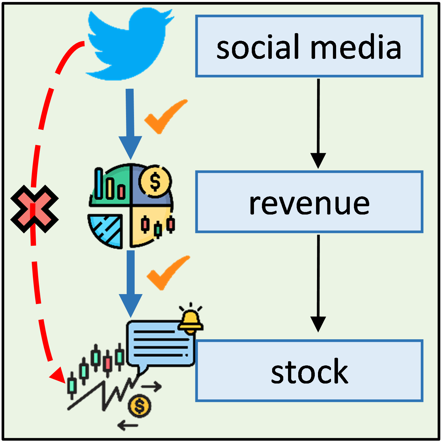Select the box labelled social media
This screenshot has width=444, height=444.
pos(309,46)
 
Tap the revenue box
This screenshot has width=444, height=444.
pos(309,202)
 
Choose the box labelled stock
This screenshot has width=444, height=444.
pos(309,371)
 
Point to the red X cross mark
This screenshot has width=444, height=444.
pos(34,209)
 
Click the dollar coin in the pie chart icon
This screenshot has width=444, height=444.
pos(155,181)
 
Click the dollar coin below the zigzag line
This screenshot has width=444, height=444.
pos(139,406)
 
